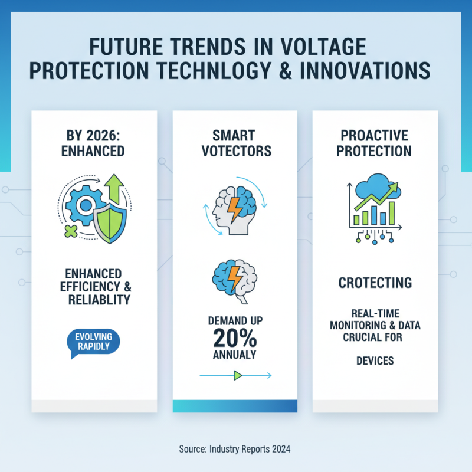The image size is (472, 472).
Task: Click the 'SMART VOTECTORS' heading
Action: (x=236, y=142)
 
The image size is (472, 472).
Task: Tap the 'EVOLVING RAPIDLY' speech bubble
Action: (x=93, y=342)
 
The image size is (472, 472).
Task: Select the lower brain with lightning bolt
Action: (x=235, y=277)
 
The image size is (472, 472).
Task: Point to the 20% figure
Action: (x=235, y=337)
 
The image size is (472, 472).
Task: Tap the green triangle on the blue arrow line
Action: (x=237, y=375)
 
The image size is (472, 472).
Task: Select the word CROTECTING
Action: (x=375, y=283)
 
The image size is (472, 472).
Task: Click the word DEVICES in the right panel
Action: (x=375, y=360)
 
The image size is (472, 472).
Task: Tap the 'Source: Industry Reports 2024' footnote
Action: (x=235, y=449)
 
